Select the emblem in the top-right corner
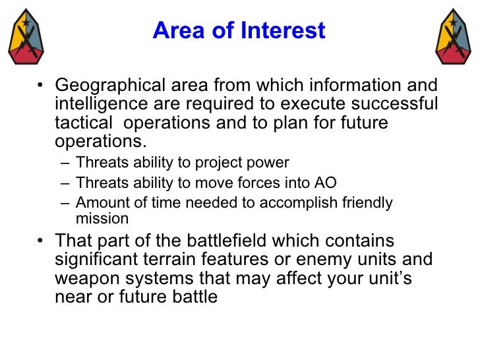click(454, 36)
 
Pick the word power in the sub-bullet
click(272, 163)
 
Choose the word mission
click(102, 219)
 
